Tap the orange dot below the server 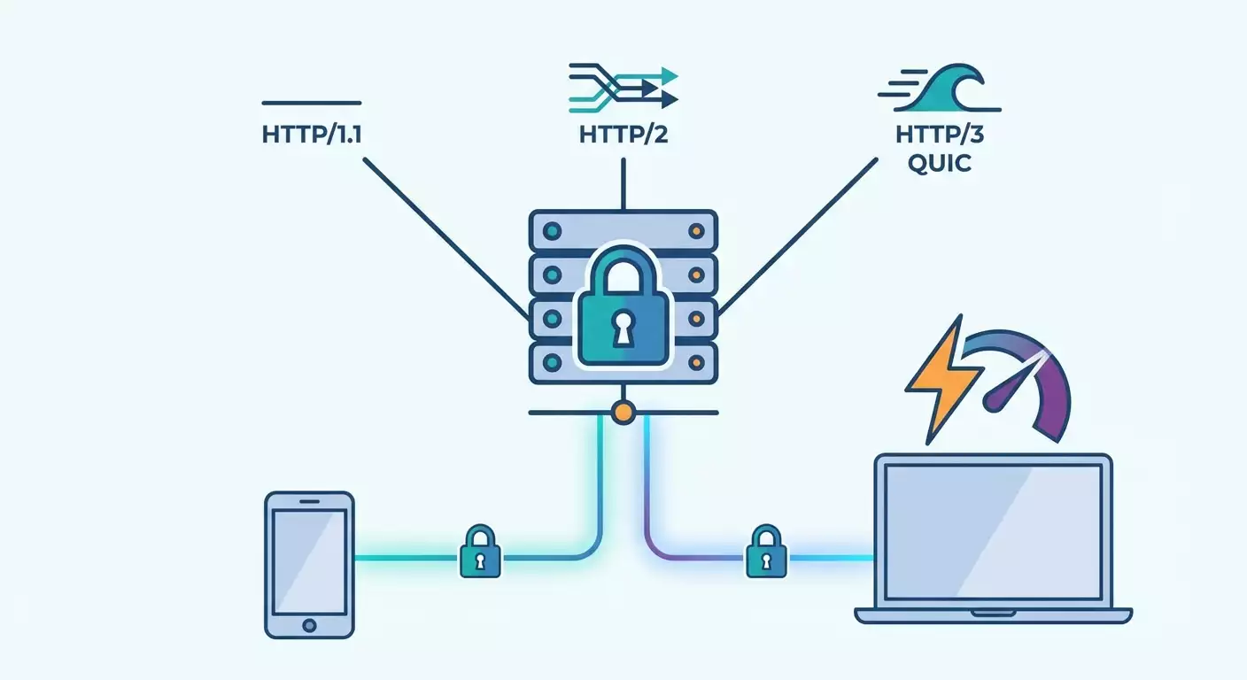point(623,412)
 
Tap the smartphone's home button point(309,624)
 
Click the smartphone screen point(309,558)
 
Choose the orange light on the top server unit point(696,231)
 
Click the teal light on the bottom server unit point(553,363)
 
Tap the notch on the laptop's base point(993,611)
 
